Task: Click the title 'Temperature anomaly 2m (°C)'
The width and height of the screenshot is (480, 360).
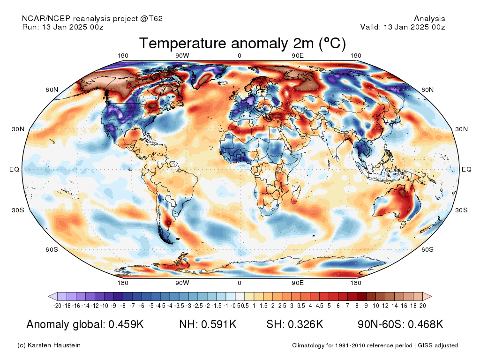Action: tap(242, 43)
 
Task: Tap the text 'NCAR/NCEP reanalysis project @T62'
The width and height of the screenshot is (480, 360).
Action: tap(92, 19)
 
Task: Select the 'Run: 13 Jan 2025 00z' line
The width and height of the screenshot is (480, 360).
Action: tap(63, 27)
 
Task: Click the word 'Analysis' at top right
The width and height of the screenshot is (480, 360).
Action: tap(429, 19)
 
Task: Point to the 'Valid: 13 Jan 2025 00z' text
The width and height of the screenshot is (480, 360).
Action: tap(403, 27)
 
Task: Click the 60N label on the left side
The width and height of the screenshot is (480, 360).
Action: tap(52, 90)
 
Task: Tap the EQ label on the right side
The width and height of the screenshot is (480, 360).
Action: tap(466, 169)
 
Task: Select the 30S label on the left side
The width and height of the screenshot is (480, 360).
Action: tap(18, 210)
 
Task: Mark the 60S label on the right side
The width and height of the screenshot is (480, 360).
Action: tap(427, 249)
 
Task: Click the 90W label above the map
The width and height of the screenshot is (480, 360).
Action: tap(182, 55)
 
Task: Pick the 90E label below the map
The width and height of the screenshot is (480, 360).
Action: tap(298, 283)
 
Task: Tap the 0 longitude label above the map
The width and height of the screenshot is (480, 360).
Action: tap(240, 55)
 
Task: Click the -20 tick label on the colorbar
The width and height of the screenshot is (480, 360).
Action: tap(57, 306)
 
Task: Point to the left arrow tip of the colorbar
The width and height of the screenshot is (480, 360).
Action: tap(48, 296)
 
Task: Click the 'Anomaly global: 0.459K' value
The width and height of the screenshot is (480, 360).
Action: tap(85, 324)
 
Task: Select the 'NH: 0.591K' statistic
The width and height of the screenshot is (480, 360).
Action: tap(208, 324)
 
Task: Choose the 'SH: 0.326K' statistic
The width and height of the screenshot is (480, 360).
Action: tap(295, 324)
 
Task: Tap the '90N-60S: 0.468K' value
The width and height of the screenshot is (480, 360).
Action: tap(400, 324)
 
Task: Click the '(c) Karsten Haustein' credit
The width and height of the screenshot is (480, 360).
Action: tap(49, 345)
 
